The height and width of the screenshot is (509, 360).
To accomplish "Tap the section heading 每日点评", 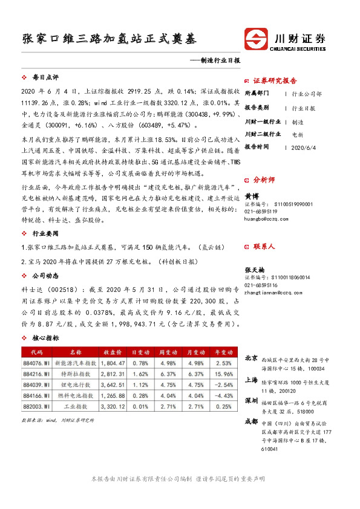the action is (45, 78).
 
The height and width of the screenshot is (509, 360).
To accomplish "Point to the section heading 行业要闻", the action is (45, 233).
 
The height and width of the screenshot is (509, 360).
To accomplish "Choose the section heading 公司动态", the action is (45, 276).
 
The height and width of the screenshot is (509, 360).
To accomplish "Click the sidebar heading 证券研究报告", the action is (275, 80).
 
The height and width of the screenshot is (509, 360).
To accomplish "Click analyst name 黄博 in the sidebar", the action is (252, 196).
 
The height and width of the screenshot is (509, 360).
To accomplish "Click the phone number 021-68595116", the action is (261, 285).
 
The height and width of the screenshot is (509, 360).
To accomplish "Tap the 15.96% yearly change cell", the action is (223, 374).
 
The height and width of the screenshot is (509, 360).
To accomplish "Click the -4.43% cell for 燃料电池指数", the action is (223, 395).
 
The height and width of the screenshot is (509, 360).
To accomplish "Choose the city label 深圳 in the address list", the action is (250, 401).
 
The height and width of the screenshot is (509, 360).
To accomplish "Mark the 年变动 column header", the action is (223, 352).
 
